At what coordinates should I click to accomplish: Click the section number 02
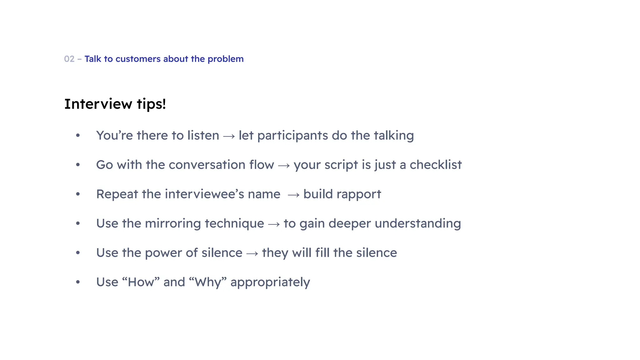69,59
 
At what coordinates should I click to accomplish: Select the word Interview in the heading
98,104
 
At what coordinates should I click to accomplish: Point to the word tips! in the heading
151,104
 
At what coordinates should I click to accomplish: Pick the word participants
292,136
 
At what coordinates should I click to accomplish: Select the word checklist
436,165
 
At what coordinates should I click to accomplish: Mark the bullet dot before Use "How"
78,282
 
